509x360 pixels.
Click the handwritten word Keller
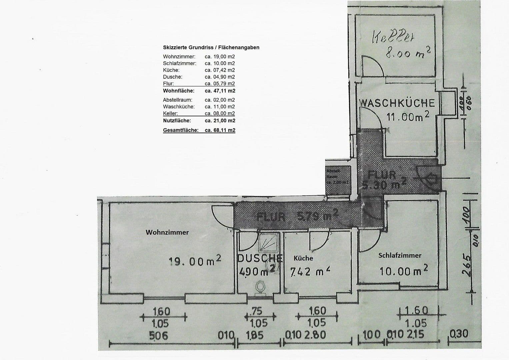point(393,38)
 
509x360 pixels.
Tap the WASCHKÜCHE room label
point(397,103)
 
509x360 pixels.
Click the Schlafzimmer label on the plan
point(400,256)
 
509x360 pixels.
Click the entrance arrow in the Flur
point(431,179)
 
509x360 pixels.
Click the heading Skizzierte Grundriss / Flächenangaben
point(211,47)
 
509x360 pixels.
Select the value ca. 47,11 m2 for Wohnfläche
point(220,91)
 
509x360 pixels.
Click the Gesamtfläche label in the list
point(180,130)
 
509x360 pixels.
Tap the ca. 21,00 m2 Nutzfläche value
point(220,120)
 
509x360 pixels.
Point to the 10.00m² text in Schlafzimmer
point(404,270)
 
